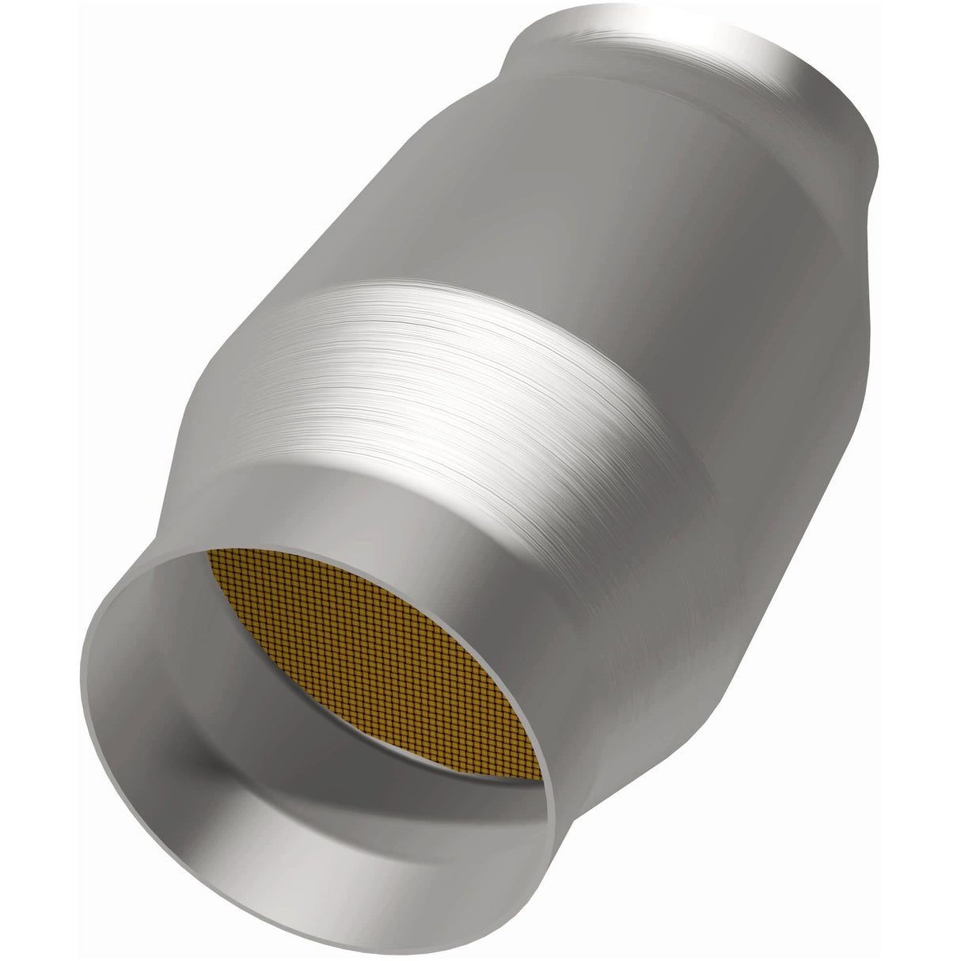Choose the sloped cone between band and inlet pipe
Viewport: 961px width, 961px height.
pos(261,443)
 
